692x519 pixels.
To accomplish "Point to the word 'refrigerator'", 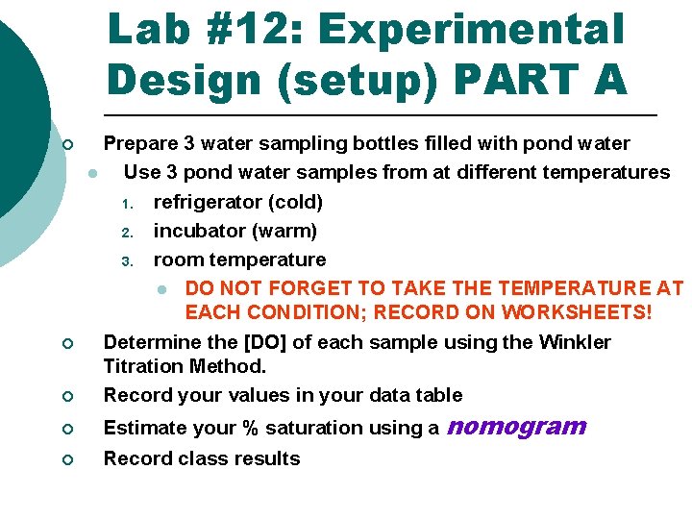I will [209, 202].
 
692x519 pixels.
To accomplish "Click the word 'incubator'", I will [195, 231].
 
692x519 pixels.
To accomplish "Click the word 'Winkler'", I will [575, 342].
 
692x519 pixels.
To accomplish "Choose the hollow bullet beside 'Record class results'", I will [67, 459].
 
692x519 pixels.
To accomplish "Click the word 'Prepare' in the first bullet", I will [140, 144].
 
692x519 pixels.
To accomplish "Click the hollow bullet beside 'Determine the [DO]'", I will [67, 344].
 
